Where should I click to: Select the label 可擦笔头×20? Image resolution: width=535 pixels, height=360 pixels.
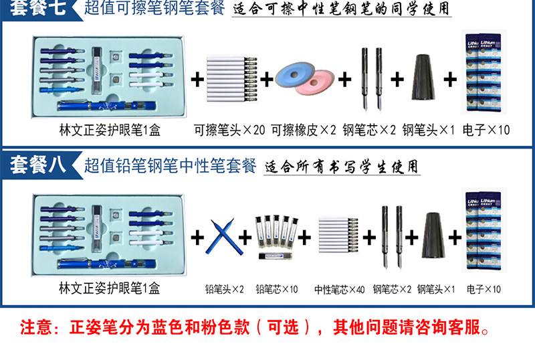[229, 129]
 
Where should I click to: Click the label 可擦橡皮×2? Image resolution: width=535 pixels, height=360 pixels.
[303, 129]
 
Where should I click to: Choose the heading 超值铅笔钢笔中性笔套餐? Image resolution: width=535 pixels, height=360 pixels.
[171, 165]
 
